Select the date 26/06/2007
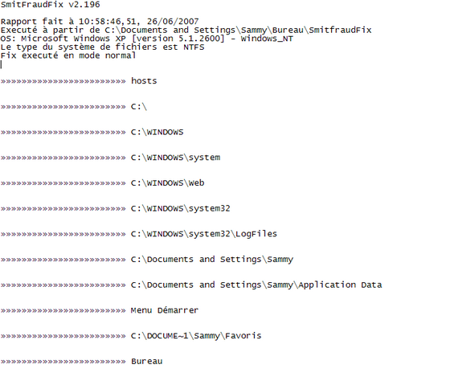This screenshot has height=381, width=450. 173,22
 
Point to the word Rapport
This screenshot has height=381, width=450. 18,23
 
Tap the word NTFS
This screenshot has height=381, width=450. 194,47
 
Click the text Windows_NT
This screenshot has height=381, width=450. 267,39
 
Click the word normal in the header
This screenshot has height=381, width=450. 121,55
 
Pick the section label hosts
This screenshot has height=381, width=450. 144,81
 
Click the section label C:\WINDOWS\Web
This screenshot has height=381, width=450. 168,183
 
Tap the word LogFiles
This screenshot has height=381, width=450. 256,234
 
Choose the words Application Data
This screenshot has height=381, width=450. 340,285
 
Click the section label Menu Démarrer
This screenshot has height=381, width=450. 165,310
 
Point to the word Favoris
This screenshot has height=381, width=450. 243,336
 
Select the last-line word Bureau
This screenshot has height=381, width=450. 146,361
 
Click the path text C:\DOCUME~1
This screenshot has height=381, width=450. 160,336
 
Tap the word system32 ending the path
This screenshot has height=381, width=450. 209,209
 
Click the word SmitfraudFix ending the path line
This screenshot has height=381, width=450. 340,31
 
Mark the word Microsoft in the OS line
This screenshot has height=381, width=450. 44,39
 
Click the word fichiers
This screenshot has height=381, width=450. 137,47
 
